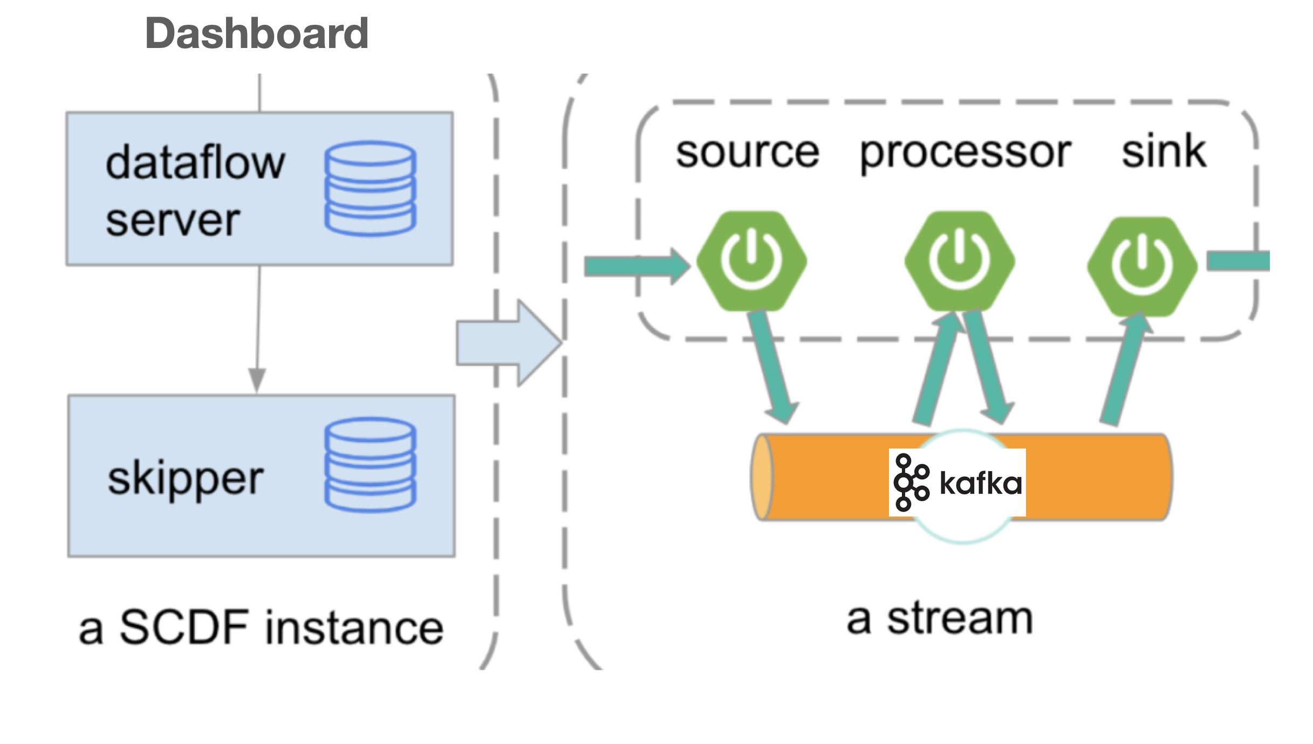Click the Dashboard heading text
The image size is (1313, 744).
256,33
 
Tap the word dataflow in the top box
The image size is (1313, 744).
195,163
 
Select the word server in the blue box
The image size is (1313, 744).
173,221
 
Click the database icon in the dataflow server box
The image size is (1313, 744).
370,188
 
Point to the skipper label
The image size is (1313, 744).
185,479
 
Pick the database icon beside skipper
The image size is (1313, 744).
370,465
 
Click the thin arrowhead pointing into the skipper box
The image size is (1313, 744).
257,380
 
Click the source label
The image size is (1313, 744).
747,153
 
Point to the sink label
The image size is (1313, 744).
1164,152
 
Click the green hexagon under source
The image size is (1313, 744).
751,261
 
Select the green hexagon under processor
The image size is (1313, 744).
960,261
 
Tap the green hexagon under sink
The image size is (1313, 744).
1142,266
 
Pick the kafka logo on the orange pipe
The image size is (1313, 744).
958,483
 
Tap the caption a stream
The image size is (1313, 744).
939,619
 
